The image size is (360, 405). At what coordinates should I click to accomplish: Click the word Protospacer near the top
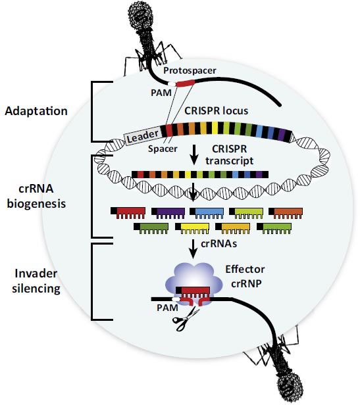(190, 70)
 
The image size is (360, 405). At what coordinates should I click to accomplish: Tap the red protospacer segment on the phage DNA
(186, 83)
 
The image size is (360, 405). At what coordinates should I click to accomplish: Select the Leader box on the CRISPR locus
(143, 136)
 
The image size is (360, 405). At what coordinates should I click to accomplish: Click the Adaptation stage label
(36, 111)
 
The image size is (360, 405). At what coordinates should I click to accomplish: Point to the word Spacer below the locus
(163, 149)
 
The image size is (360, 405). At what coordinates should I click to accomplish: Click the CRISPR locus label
(217, 111)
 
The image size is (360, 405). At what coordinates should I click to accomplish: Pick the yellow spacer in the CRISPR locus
(215, 128)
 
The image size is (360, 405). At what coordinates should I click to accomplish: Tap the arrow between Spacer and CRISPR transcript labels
(194, 155)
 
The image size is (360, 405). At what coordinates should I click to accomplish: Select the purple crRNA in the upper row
(168, 213)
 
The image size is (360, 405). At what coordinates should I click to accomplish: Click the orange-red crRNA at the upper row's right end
(286, 213)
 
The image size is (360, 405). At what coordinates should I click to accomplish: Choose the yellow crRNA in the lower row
(192, 228)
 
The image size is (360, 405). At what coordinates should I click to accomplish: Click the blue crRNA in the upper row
(207, 213)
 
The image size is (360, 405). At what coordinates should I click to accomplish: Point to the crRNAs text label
(219, 243)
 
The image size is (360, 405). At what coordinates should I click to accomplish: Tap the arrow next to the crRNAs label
(193, 249)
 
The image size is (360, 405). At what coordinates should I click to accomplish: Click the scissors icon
(186, 320)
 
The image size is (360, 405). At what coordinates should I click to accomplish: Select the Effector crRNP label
(245, 276)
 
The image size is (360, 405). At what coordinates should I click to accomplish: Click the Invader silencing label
(36, 281)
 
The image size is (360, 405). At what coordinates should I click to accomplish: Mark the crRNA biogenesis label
(36, 196)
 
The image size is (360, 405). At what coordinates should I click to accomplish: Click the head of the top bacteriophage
(141, 16)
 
